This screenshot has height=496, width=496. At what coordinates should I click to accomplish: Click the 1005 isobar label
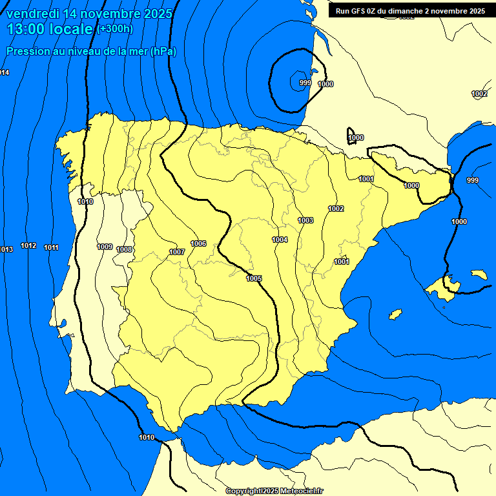click(x=254, y=278)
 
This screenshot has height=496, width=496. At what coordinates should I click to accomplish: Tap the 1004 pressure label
click(x=280, y=240)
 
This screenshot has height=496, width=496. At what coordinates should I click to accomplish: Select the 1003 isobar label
click(x=305, y=220)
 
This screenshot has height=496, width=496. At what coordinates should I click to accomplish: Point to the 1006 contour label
click(x=198, y=243)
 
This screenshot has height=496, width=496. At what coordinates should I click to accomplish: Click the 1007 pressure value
click(x=177, y=252)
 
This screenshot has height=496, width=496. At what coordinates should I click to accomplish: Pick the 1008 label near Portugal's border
click(x=125, y=249)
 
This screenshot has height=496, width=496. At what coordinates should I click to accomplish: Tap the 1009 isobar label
click(x=105, y=247)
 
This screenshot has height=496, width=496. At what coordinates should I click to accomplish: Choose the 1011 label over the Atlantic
click(x=52, y=247)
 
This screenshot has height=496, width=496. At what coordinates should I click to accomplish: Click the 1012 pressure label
click(x=28, y=245)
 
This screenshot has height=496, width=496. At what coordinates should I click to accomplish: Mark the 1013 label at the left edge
click(x=6, y=249)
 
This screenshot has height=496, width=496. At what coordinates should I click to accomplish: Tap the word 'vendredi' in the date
click(x=32, y=14)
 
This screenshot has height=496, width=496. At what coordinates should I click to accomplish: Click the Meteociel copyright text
click(x=274, y=491)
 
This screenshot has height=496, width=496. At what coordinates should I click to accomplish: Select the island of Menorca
click(x=479, y=274)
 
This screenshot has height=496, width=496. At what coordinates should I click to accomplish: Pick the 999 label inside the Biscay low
click(x=305, y=83)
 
